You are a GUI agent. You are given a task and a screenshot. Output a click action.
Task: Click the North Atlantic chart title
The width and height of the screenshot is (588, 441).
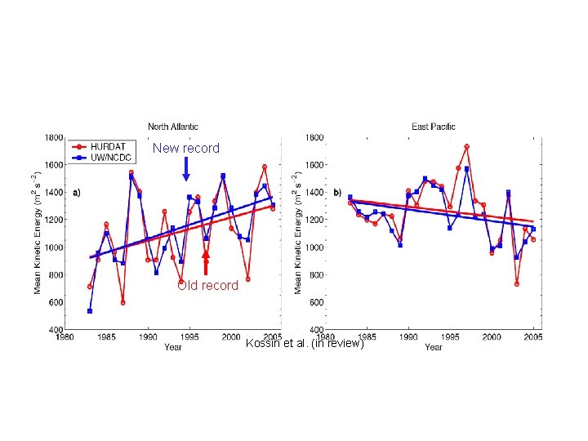pyautogui.click(x=172, y=127)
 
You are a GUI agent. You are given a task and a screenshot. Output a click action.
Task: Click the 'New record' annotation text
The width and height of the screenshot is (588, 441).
pyautogui.click(x=186, y=149)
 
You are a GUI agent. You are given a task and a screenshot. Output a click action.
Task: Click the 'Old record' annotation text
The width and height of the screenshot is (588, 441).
pyautogui.click(x=208, y=286)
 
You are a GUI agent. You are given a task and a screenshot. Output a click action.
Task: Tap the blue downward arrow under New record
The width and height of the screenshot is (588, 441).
pyautogui.click(x=186, y=169)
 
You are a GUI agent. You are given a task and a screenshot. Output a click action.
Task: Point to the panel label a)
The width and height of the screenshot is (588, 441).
pyautogui.click(x=77, y=193)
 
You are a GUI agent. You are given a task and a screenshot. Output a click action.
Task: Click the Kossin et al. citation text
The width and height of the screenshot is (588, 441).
pyautogui.click(x=304, y=344)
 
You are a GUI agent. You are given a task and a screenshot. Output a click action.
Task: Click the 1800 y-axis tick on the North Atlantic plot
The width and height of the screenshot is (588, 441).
pyautogui.click(x=54, y=138)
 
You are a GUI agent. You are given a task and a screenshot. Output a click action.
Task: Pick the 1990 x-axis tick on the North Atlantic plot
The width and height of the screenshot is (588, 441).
pyautogui.click(x=148, y=336)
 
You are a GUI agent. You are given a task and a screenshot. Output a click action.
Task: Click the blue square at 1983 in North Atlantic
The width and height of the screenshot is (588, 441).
pyautogui.click(x=90, y=311)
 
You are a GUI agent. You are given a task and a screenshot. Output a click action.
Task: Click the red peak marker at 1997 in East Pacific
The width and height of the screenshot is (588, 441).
pyautogui.click(x=466, y=147)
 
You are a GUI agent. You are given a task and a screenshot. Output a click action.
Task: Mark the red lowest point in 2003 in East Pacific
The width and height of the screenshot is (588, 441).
pyautogui.click(x=517, y=283)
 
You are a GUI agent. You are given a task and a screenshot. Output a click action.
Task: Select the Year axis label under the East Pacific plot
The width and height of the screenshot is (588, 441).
pyautogui.click(x=434, y=347)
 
